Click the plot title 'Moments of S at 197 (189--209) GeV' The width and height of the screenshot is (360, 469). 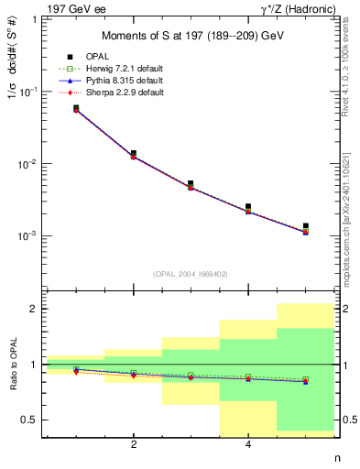coord(191,36)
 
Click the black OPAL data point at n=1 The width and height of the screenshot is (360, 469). coord(76,108)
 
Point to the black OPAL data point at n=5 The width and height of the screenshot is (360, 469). coord(306,225)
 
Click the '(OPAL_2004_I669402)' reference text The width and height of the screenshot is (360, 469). coord(191,273)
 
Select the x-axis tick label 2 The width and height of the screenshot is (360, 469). coord(134,445)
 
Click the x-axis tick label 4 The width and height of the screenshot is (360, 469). coord(248,445)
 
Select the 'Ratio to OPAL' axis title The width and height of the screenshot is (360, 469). coord(12,365)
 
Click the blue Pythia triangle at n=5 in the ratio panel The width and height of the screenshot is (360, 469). coord(306,381)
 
